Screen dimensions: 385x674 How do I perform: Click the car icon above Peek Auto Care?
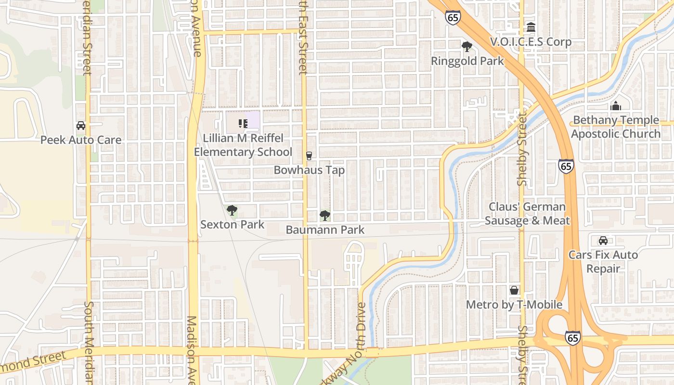[81, 126]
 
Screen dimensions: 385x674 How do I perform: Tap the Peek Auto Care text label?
[81, 140]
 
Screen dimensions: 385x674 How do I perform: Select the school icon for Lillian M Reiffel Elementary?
[243, 124]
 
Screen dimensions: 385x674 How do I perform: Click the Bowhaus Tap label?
[309, 170]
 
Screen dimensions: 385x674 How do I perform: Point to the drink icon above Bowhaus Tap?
[309, 155]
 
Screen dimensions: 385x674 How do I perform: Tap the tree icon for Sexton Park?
[232, 210]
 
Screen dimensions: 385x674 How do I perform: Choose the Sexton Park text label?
[232, 224]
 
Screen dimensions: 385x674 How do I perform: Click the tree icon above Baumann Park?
[325, 215]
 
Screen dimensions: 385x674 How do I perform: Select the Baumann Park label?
[325, 230]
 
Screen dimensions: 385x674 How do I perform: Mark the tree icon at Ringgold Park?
[467, 47]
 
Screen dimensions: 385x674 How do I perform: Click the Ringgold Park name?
[467, 61]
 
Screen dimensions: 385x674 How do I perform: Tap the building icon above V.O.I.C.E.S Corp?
[531, 27]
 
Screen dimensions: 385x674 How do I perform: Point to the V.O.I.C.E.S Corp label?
[531, 42]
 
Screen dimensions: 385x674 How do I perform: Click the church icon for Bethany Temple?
[616, 106]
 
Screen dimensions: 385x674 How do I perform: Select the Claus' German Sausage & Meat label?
[527, 214]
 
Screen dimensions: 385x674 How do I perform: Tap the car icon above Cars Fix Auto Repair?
[603, 240]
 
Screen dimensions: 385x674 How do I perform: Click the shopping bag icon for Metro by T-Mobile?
[514, 290]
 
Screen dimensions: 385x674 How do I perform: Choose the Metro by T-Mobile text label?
[514, 305]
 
